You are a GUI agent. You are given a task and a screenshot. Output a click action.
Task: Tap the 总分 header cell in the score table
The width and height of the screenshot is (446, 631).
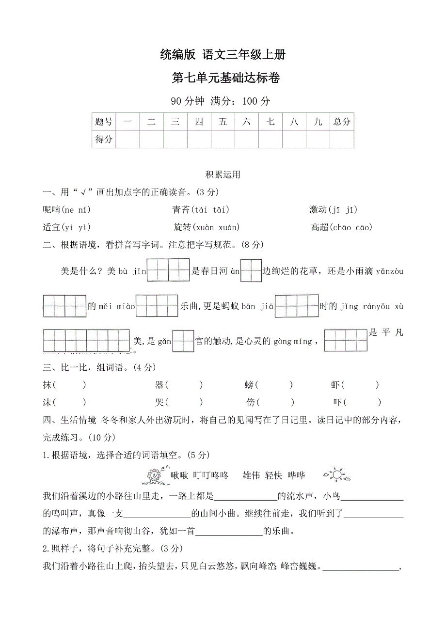[342, 122]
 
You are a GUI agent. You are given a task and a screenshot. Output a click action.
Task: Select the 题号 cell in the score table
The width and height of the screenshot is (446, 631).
[104, 122]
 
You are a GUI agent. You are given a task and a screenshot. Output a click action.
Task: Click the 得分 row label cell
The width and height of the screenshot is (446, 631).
[104, 139]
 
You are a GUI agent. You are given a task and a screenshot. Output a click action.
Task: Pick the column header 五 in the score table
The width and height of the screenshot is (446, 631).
[223, 122]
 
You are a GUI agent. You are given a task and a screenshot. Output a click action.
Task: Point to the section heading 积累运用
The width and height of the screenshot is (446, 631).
[223, 175]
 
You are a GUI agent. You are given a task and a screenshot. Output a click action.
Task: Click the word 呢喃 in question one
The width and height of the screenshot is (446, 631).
[51, 209]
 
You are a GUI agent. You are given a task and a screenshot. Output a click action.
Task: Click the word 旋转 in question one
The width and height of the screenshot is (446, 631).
[184, 227]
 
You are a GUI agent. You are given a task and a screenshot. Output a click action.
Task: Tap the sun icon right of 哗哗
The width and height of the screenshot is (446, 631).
[335, 475]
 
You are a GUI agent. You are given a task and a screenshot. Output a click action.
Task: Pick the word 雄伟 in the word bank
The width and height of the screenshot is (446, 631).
[251, 475]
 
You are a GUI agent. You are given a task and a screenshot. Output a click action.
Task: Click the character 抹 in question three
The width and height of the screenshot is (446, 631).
[47, 385]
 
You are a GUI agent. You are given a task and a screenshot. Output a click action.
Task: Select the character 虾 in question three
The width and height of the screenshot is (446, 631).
[335, 385]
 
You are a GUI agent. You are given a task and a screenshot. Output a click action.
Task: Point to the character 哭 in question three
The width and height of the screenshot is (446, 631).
[159, 402]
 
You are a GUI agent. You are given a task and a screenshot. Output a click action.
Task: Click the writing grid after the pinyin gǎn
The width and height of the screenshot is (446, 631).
[183, 341]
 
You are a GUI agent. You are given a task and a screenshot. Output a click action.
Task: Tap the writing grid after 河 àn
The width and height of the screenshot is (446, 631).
[251, 270]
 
